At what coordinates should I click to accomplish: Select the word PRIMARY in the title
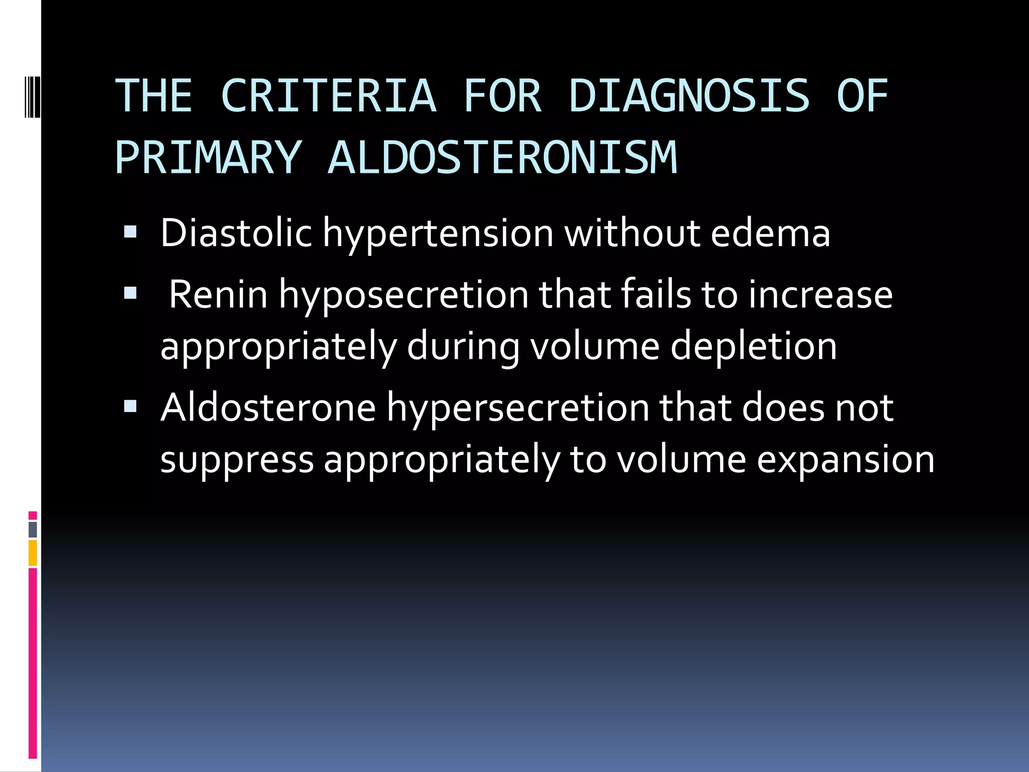click(x=208, y=157)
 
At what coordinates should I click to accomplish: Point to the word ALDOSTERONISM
click(x=502, y=157)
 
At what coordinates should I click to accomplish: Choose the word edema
click(x=770, y=233)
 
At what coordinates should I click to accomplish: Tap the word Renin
click(x=218, y=295)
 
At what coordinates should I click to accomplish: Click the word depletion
click(x=754, y=347)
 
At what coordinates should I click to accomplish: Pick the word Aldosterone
click(x=268, y=408)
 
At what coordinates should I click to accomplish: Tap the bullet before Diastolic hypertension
click(x=130, y=232)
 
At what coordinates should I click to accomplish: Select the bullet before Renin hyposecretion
click(x=130, y=293)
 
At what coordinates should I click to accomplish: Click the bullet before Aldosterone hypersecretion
click(x=130, y=406)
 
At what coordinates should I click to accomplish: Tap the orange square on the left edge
click(x=33, y=553)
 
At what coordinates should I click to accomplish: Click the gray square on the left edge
click(x=33, y=529)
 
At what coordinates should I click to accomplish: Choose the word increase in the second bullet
click(x=820, y=295)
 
